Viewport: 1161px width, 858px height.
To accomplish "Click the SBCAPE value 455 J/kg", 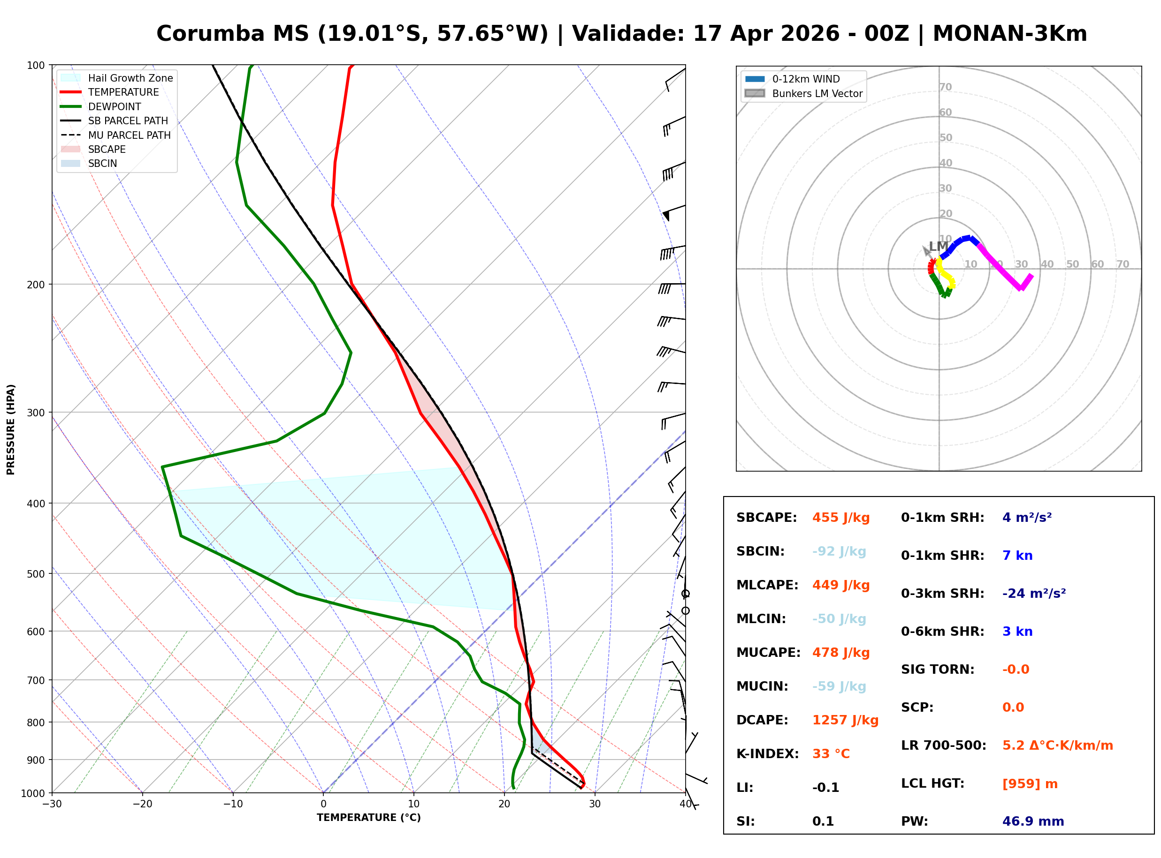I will coord(840,518).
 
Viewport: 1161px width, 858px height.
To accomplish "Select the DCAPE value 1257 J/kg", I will coord(845,720).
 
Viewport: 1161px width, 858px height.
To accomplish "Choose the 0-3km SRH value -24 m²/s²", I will coord(1034,594).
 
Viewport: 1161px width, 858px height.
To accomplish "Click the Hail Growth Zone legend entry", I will coord(130,78).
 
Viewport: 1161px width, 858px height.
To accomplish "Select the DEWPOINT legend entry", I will coord(115,106).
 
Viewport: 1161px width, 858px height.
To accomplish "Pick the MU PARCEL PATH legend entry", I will coord(129,135).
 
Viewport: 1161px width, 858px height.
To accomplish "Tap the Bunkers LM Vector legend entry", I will coord(817,93).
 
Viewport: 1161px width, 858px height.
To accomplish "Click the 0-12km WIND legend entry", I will coord(806,79).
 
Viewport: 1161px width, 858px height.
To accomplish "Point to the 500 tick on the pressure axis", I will coord(35,574).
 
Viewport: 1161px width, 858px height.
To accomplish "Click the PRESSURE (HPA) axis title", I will coord(11,429).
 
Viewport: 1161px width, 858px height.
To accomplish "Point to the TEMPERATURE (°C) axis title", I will coord(368,818).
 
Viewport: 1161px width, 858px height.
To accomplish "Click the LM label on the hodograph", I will coord(938,247).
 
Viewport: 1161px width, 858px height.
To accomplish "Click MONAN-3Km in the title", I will coord(1009,34).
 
